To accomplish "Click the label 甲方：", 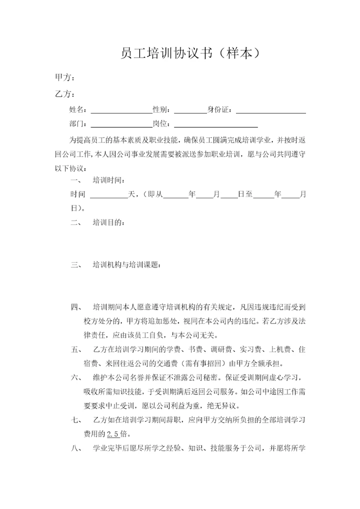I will [x=65, y=78].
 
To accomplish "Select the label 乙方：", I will [x=65, y=93].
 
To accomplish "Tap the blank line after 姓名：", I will [x=121, y=110].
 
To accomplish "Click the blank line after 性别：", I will [x=190, y=110].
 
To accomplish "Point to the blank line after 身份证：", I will [x=270, y=110].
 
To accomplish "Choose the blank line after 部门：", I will [x=121, y=124].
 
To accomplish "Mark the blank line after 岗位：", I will [x=216, y=124].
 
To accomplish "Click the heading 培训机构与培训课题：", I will [x=127, y=265].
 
